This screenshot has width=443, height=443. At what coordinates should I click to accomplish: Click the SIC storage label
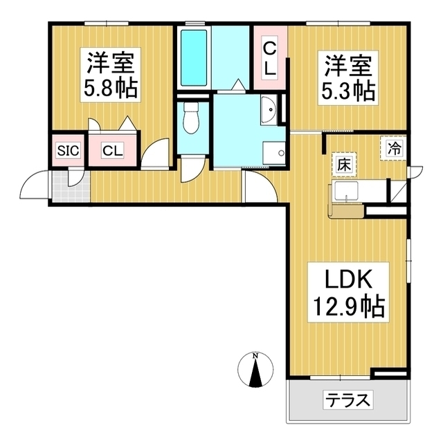tap(67, 150)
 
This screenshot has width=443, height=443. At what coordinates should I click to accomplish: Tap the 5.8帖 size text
tap(109, 88)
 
